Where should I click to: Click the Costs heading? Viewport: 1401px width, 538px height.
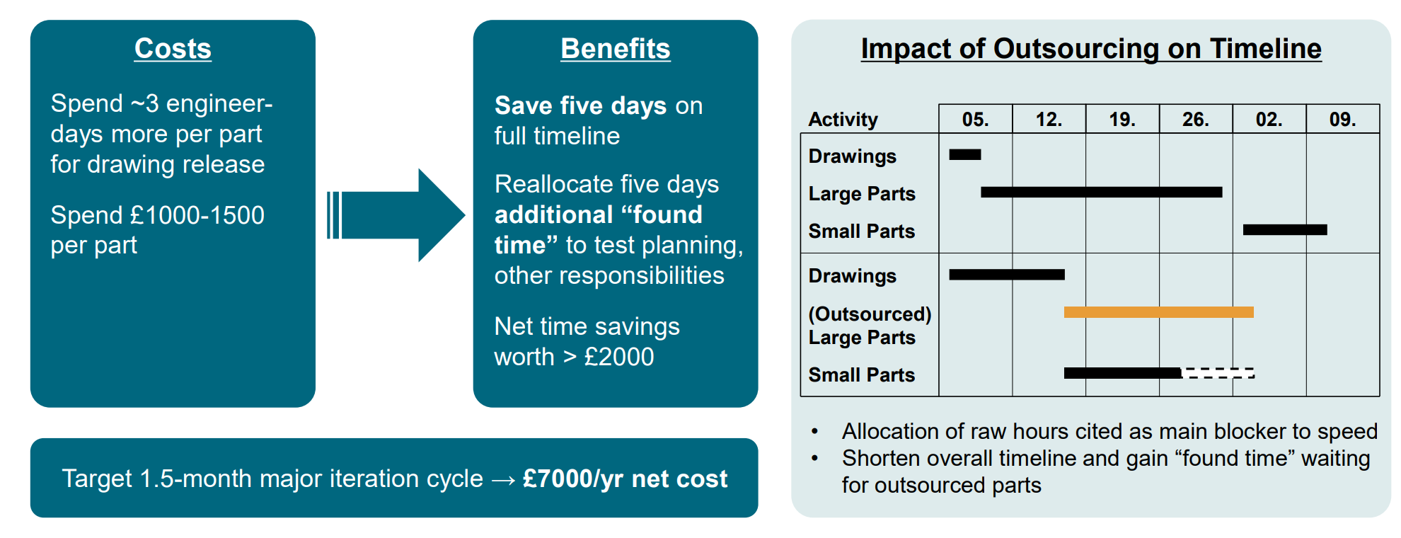[173, 49]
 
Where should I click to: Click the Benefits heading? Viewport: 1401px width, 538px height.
[616, 49]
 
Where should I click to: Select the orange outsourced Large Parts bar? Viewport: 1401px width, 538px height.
[1159, 312]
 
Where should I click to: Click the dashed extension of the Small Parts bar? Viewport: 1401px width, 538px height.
[1218, 373]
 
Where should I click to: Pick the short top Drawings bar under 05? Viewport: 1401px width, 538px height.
[965, 154]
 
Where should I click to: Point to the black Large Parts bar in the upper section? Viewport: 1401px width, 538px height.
[1102, 192]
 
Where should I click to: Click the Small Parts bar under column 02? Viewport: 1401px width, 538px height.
[1285, 229]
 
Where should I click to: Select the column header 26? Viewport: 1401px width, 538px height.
[1196, 120]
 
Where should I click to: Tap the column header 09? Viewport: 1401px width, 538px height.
[1343, 120]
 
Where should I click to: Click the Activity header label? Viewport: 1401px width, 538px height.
[843, 120]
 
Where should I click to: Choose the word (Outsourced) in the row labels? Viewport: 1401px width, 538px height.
[870, 314]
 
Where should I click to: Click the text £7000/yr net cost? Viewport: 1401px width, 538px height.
[625, 479]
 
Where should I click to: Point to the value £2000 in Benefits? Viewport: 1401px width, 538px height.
[619, 357]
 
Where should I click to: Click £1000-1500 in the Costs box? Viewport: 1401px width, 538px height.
[197, 215]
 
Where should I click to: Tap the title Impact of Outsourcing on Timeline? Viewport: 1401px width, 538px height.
[1091, 49]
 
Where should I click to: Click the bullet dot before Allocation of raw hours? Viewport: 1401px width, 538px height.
[815, 431]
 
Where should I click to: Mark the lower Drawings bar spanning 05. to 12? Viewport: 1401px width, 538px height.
[1007, 275]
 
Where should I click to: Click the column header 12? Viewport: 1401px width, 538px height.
[1049, 120]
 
